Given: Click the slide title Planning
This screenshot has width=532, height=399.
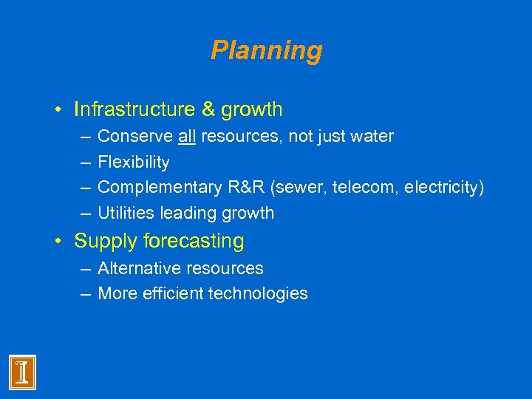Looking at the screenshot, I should pyautogui.click(x=266, y=50).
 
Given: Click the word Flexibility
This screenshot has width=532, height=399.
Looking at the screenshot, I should pyautogui.click(x=134, y=162).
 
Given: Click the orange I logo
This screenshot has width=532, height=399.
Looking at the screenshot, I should pyautogui.click(x=22, y=372).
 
